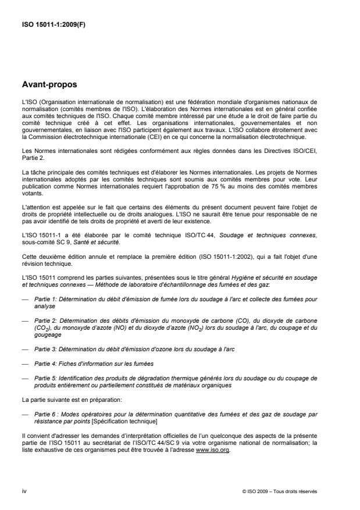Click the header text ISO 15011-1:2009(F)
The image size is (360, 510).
click(x=48, y=25)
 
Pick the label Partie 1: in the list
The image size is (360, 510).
click(x=44, y=298)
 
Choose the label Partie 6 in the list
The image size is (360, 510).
click(x=44, y=415)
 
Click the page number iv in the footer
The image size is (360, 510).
click(x=23, y=491)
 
